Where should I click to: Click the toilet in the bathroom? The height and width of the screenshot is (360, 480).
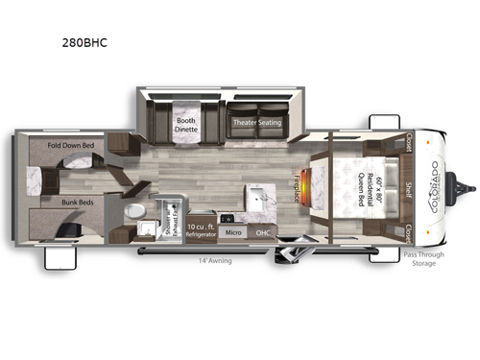coord(138,209)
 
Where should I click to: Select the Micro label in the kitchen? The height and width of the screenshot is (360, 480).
coord(231,231)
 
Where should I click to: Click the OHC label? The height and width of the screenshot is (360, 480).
coord(263,231)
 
